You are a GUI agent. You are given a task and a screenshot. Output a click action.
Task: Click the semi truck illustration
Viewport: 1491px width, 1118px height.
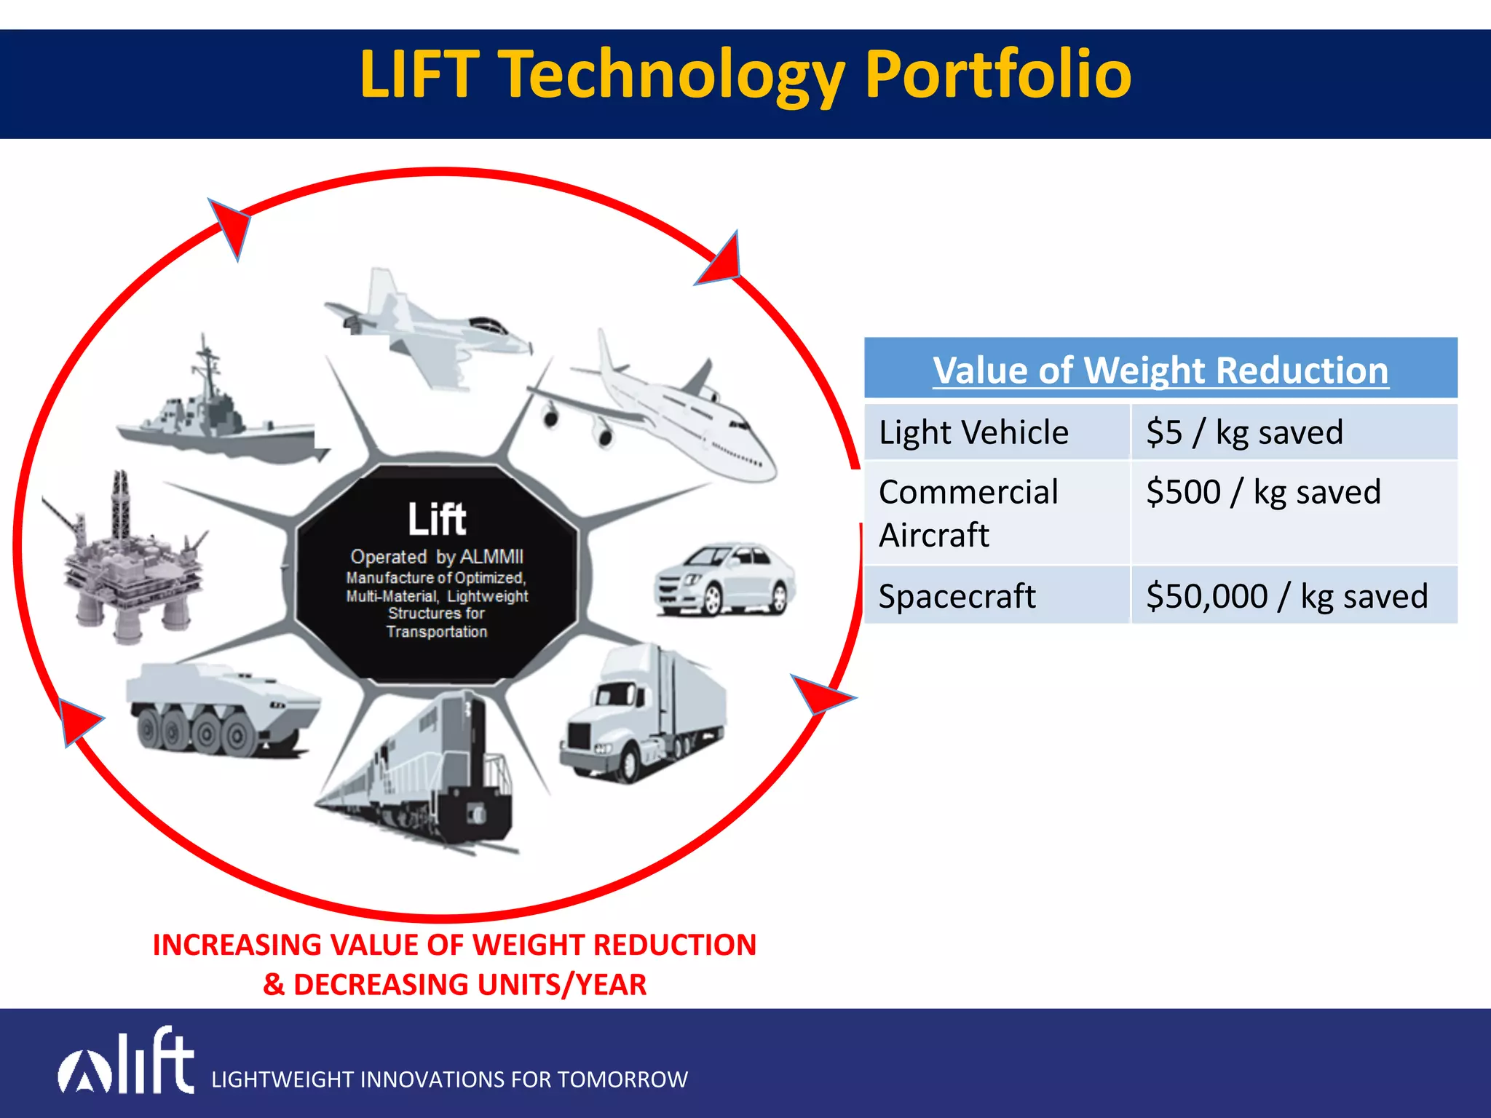coord(644,717)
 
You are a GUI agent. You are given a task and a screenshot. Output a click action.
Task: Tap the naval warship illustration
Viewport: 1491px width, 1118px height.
coord(218,415)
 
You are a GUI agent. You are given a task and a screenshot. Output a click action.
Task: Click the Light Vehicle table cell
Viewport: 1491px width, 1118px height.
coord(973,432)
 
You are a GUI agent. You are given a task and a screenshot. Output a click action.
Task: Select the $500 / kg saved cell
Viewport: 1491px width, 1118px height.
coord(1263,492)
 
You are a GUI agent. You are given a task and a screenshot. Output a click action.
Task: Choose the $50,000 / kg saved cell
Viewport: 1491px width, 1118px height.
coord(1286,596)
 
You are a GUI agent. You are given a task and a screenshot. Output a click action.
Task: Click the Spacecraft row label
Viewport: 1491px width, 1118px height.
coord(957,596)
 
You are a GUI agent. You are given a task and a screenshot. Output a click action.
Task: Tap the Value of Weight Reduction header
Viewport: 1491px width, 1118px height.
coord(1160,370)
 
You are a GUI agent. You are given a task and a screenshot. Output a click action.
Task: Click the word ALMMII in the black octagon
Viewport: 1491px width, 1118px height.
coord(491,557)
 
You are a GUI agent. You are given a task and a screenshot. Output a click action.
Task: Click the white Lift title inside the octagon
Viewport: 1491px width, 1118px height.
coord(436,519)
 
